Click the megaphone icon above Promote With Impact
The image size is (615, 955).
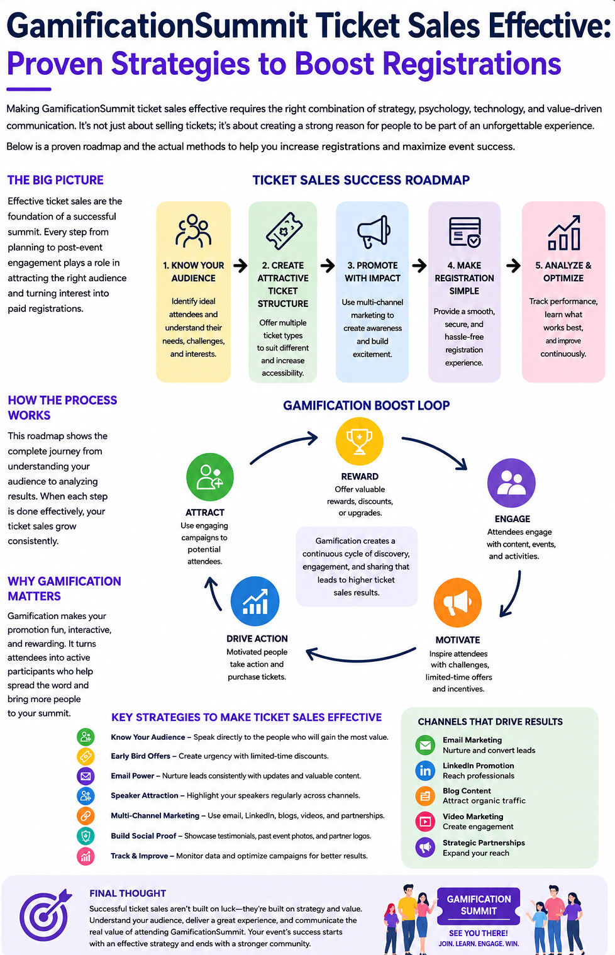374,232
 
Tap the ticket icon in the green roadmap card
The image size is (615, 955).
284,231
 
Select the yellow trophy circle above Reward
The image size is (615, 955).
359,441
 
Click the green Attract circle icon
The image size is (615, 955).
209,477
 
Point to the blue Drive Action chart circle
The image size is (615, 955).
255,601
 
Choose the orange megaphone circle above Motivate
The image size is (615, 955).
457,603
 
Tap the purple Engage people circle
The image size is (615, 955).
511,483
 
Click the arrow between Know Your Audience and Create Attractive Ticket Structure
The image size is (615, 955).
240,265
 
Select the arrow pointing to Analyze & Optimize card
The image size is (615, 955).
513,265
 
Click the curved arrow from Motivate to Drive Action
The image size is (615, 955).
360,661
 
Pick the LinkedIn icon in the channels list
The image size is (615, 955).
425,771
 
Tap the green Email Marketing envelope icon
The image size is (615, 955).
425,745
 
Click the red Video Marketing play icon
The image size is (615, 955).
425,822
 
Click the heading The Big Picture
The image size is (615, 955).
55,180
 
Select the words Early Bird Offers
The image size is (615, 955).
140,756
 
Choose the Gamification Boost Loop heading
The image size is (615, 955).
366,405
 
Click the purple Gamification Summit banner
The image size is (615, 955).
479,905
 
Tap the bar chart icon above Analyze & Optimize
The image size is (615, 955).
563,232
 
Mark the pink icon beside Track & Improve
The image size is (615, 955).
86,856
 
